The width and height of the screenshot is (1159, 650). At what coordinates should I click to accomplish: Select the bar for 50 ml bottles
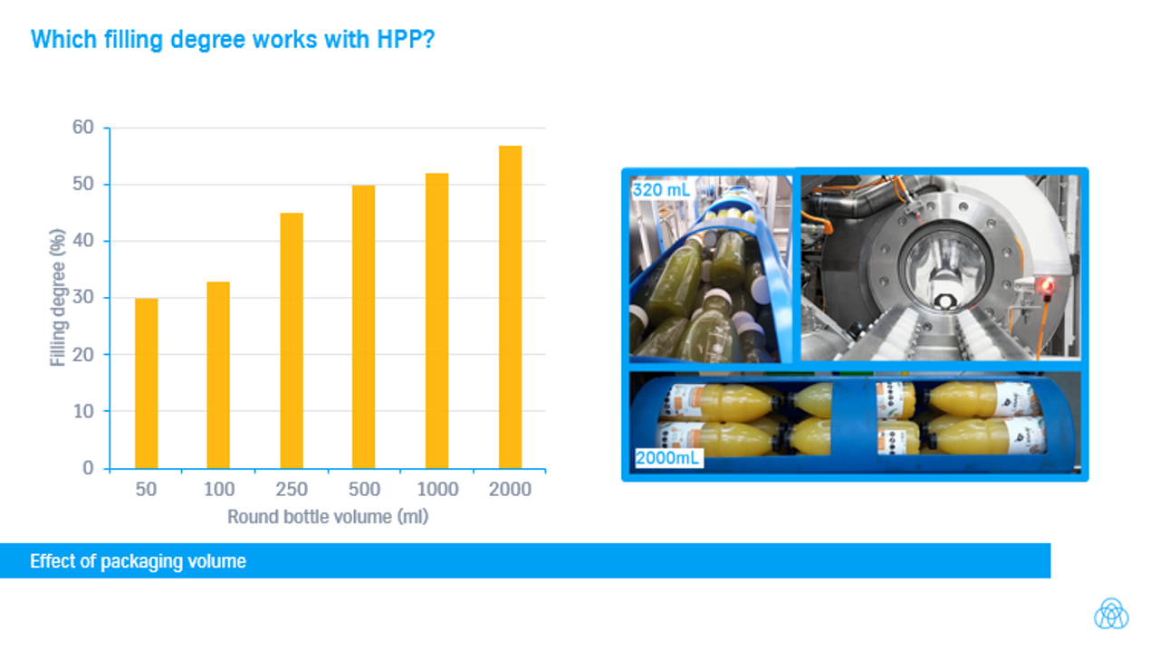(147, 384)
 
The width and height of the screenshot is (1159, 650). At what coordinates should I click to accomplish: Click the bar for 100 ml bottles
(218, 375)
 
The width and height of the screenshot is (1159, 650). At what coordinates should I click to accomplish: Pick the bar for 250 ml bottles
(292, 341)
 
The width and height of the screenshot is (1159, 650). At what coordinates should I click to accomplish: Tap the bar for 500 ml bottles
(364, 327)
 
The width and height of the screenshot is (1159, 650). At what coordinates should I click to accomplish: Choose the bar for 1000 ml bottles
(437, 320)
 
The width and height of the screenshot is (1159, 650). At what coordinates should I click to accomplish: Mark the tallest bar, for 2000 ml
(510, 308)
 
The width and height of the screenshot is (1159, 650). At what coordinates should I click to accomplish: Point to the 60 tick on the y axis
(82, 127)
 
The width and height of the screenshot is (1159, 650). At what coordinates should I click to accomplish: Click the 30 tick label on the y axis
(82, 297)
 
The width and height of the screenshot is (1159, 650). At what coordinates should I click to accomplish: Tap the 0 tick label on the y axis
(88, 468)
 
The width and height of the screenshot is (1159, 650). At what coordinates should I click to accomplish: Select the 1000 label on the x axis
(437, 489)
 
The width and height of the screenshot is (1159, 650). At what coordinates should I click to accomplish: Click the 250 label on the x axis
(292, 489)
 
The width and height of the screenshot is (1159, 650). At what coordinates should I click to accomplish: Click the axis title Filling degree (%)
(57, 298)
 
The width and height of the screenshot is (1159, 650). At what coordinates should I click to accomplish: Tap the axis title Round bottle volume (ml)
(328, 517)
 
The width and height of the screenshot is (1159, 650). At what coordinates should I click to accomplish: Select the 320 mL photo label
(661, 190)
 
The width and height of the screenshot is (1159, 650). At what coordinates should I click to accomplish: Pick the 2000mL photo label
(667, 458)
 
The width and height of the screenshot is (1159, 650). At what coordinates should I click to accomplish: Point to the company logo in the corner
(1111, 614)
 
